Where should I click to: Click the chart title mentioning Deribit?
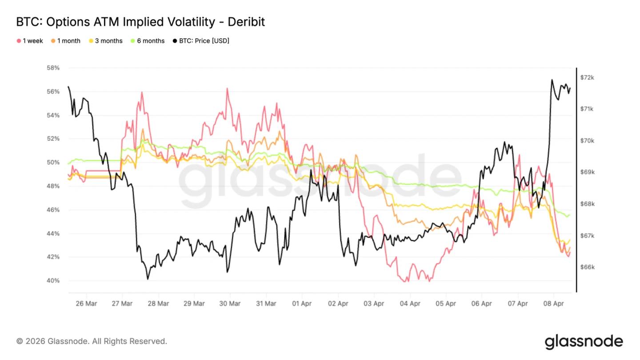140,22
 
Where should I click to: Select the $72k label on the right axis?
587,78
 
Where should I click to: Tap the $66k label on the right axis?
587,267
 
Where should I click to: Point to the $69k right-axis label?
587,172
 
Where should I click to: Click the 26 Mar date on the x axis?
86,304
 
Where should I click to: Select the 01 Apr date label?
302,304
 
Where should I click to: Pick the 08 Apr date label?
554,304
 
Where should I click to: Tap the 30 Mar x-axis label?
230,304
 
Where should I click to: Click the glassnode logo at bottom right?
584,341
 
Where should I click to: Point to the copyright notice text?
92,341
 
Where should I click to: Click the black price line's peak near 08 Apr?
552,80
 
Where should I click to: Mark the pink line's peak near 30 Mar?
227,88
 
